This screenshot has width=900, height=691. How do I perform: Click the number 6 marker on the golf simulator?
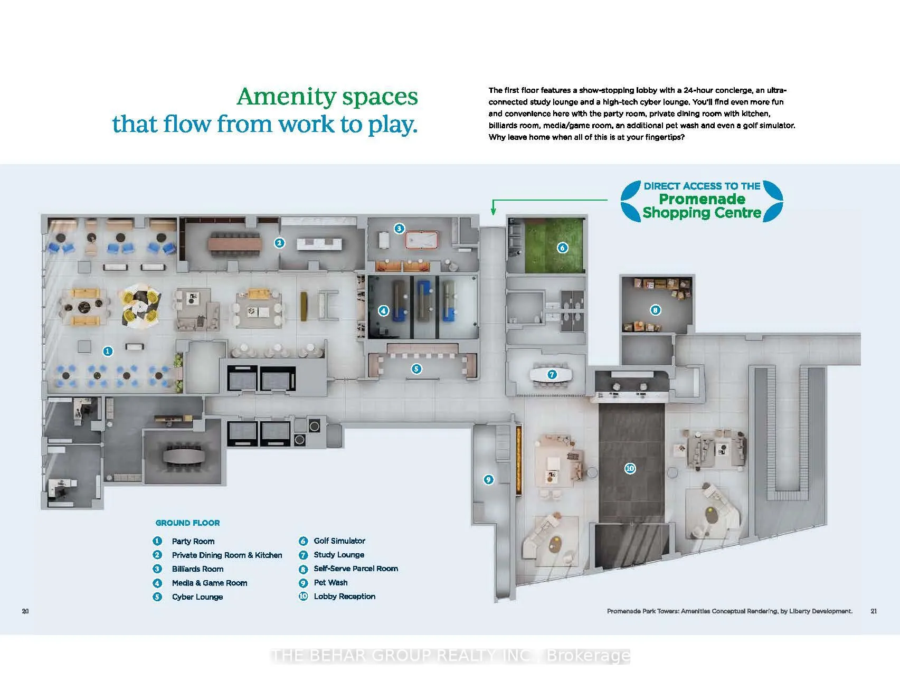[563, 248]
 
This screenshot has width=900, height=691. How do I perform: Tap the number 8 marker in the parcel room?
[655, 310]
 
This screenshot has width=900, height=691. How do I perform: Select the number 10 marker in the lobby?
[630, 468]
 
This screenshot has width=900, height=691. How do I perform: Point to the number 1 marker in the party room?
[108, 351]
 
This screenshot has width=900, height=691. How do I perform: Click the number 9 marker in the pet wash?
[489, 479]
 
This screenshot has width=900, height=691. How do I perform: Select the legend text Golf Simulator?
[339, 541]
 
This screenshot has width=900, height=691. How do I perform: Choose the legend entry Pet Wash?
[330, 582]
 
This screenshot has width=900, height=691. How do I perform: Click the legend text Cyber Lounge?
[197, 597]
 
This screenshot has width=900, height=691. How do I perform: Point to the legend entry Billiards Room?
[197, 569]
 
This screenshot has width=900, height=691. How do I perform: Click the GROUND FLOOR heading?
[187, 523]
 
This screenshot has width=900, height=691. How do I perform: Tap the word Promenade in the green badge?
[702, 199]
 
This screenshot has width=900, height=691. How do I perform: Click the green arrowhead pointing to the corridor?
[494, 212]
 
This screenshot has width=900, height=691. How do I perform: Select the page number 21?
[874, 611]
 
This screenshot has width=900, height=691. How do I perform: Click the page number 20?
[25, 611]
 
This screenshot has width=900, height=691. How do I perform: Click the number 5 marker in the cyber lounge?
[416, 368]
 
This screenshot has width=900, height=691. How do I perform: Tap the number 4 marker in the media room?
[384, 311]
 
